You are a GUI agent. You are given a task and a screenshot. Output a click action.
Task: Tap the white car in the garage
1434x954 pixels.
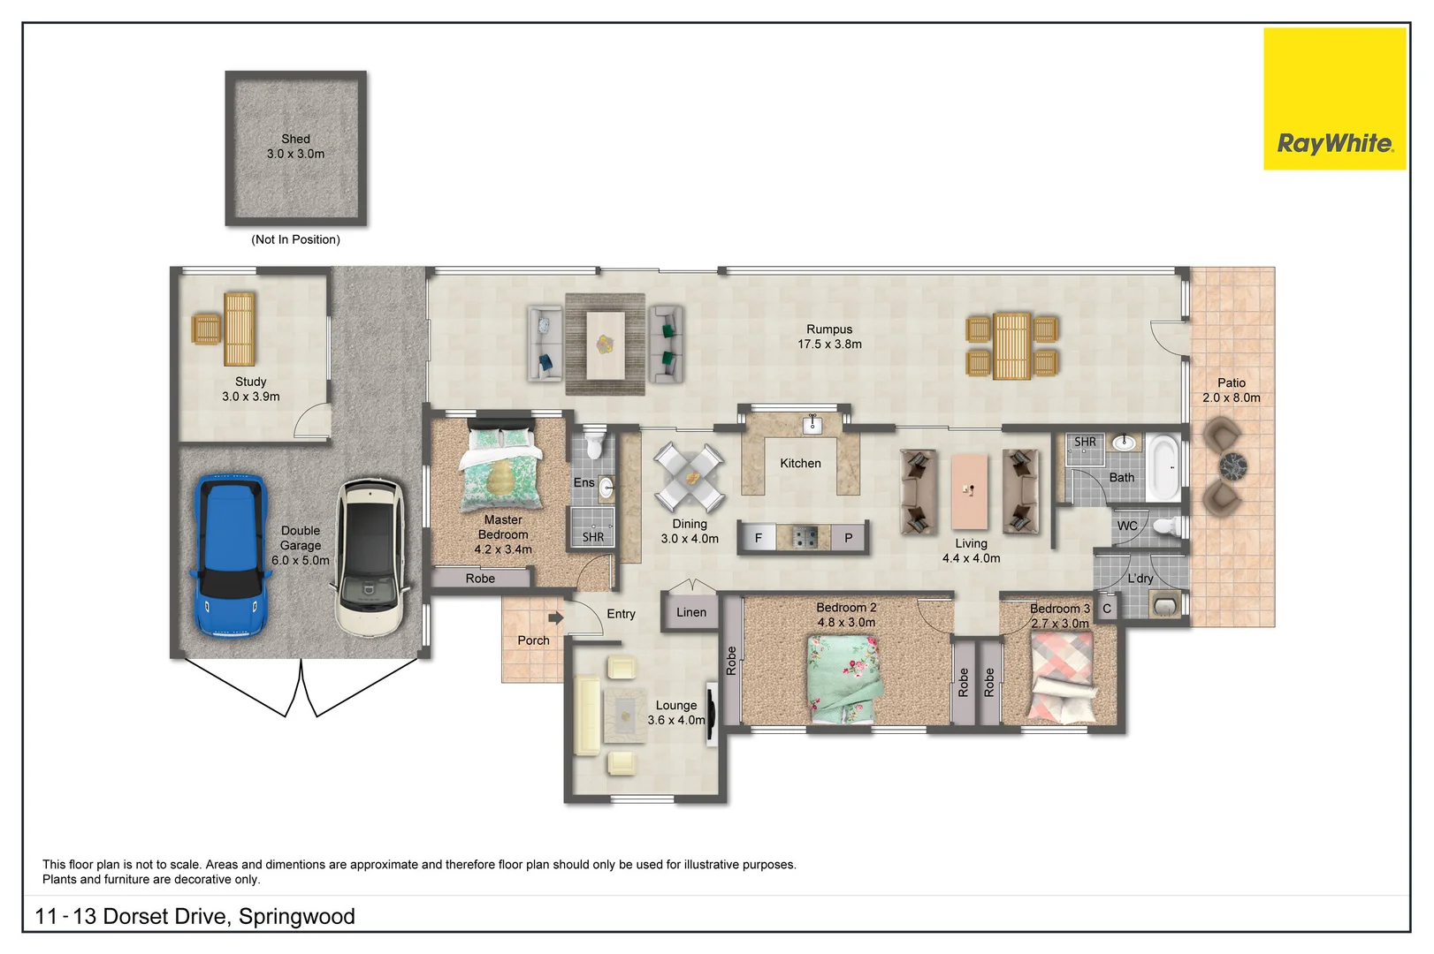tap(370, 557)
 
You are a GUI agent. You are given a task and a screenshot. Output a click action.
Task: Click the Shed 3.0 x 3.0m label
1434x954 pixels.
tap(295, 146)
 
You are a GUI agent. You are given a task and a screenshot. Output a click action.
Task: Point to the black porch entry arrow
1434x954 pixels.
tap(555, 617)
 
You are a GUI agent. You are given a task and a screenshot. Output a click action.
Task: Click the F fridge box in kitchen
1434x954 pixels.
tap(758, 537)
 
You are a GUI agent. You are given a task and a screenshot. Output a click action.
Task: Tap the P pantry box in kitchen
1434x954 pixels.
tap(849, 537)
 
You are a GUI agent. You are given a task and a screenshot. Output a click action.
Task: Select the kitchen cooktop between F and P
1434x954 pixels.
tap(804, 537)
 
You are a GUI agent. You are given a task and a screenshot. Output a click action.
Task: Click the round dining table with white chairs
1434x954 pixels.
tap(689, 478)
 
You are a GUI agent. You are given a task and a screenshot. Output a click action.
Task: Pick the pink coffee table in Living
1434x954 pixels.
tap(969, 491)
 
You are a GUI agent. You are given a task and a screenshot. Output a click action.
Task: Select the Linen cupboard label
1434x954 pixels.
tap(691, 612)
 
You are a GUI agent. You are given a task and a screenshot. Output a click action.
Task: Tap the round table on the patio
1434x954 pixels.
tap(1232, 465)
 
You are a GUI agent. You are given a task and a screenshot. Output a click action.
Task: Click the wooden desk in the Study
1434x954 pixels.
tap(240, 329)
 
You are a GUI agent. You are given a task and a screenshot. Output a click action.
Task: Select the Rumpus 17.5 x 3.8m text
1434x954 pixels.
tap(829, 337)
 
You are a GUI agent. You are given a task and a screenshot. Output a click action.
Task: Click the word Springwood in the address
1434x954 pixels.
tap(297, 917)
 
